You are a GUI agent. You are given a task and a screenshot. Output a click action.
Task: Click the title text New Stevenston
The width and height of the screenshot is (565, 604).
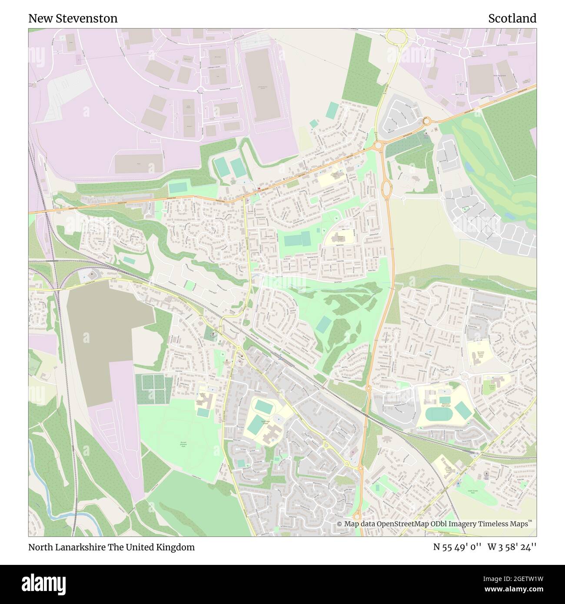(73, 18)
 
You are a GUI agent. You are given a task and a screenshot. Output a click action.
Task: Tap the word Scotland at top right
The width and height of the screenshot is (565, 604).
(512, 18)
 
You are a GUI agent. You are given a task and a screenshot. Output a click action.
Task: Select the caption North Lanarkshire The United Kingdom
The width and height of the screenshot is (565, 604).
(111, 547)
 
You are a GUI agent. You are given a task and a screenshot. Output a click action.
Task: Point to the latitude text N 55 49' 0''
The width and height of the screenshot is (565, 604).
(456, 547)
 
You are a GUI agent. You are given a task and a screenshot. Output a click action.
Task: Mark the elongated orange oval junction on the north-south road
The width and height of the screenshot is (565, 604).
(385, 188)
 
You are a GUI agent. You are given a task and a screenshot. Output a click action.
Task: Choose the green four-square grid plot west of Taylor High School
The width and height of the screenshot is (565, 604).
(153, 388)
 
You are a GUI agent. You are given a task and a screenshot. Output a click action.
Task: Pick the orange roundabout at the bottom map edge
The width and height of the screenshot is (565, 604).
(357, 516)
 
